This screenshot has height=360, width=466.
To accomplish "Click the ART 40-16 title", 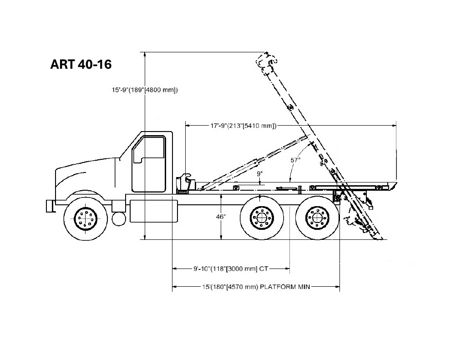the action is (x=81, y=64).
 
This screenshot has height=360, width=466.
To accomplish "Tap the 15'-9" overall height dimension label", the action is (x=144, y=90).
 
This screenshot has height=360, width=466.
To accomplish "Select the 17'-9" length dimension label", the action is (x=243, y=126).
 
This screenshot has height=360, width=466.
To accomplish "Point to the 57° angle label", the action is (x=295, y=160).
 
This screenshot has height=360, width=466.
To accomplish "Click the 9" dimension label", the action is (x=260, y=173).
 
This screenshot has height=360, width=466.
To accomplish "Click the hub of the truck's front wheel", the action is (x=86, y=218).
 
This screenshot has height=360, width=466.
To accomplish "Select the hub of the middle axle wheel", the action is (x=262, y=218).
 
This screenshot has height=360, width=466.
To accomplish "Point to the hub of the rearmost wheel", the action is (x=318, y=218).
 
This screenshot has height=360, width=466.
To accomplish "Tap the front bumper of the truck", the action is (x=51, y=206).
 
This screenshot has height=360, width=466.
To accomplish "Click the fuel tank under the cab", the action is (x=154, y=211).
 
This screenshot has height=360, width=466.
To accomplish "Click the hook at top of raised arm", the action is (x=267, y=61).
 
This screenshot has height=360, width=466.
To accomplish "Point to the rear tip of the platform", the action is (x=396, y=183).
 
